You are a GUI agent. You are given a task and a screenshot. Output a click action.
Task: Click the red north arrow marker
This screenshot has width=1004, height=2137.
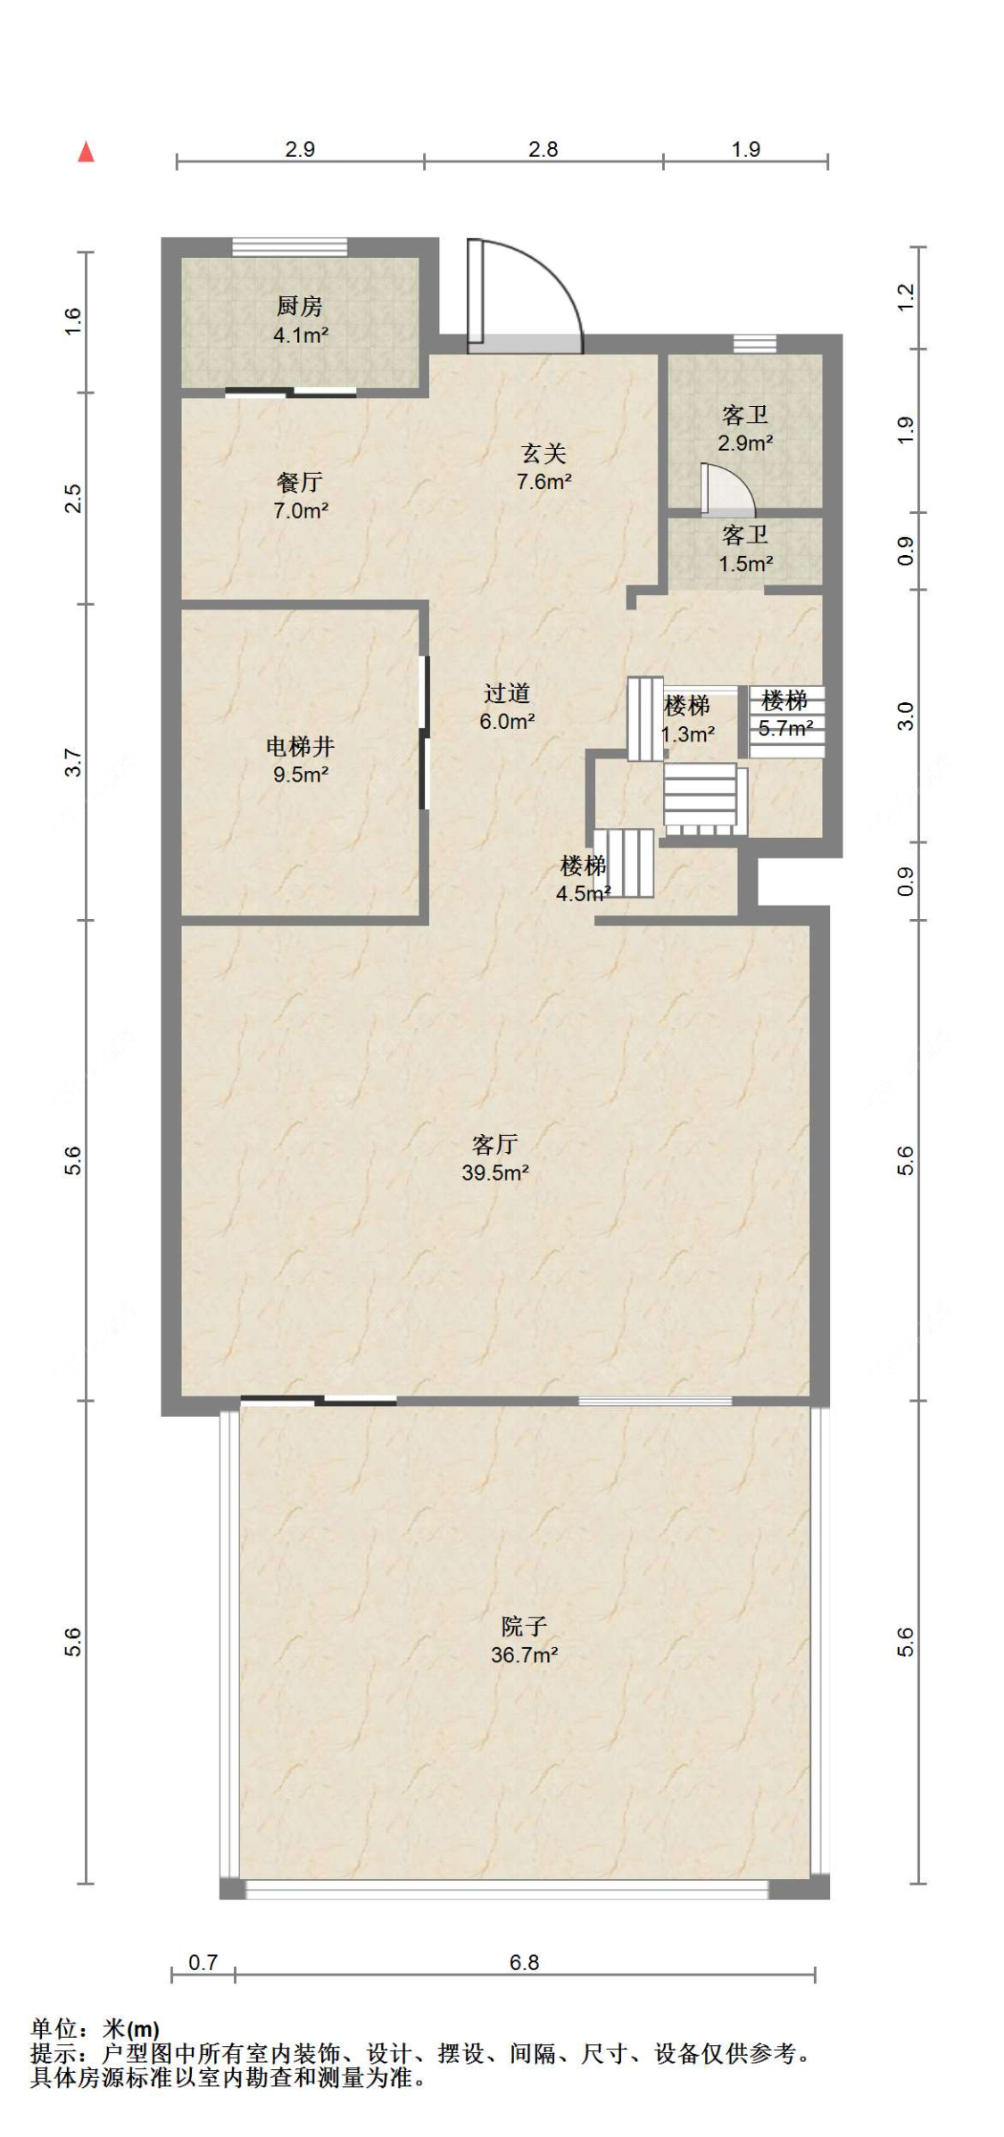click(x=86, y=152)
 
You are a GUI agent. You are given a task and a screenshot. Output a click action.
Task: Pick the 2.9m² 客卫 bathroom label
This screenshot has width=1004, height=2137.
click(x=745, y=428)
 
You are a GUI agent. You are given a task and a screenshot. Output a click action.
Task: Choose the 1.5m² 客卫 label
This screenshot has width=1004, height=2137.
click(x=745, y=549)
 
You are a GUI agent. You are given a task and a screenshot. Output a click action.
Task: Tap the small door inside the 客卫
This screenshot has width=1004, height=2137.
click(x=726, y=490)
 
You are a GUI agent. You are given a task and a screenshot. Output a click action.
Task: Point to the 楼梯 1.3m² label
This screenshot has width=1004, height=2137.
click(x=687, y=720)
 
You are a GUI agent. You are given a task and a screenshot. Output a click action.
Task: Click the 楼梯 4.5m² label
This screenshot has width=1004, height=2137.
click(x=583, y=879)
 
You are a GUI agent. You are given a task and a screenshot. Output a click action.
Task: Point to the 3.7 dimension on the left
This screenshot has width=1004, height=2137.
click(x=73, y=763)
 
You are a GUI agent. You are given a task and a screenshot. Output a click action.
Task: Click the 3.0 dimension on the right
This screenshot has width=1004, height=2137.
click(x=905, y=716)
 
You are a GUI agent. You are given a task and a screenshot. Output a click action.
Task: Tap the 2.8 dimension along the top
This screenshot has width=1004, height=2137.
click(x=543, y=149)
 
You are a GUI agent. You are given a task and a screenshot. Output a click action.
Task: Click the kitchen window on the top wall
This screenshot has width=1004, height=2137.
click(x=290, y=247)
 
